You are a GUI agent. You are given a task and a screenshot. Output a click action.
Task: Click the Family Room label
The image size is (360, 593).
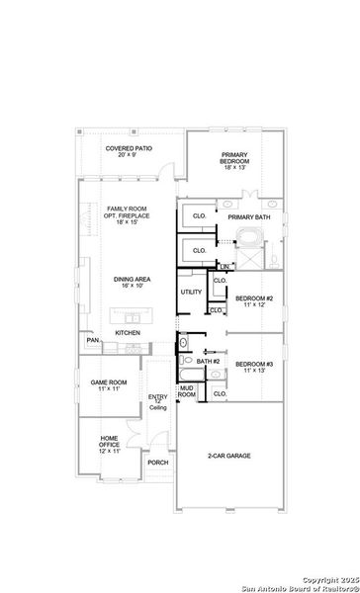click(x=127, y=214)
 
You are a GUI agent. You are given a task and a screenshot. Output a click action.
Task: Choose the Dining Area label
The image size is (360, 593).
click(x=128, y=284)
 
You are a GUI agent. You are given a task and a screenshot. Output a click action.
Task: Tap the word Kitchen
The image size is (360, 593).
click(x=129, y=333)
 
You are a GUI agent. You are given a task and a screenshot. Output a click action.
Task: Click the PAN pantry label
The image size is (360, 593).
click(x=92, y=341)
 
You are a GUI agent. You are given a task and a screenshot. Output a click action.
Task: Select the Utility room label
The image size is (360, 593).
click(x=191, y=293)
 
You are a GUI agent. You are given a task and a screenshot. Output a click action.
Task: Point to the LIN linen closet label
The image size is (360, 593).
click(x=225, y=267)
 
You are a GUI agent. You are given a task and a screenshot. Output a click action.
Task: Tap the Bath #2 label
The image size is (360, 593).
click(x=208, y=362)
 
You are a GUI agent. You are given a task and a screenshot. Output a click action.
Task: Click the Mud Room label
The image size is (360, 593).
click(x=187, y=392)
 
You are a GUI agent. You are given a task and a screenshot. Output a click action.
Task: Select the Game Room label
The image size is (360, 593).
click(x=110, y=385)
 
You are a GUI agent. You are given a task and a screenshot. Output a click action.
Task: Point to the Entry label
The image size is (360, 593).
click(x=157, y=400)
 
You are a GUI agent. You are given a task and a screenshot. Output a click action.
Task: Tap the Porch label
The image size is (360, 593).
click(x=156, y=462)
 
